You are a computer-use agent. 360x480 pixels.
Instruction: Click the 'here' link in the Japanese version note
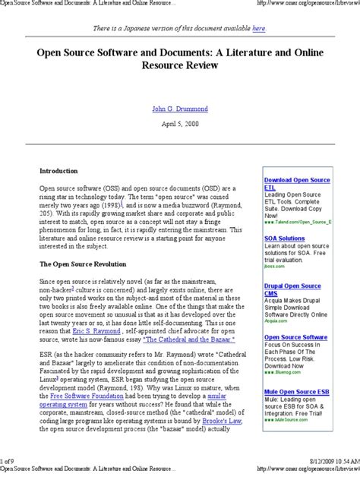[x=259, y=28]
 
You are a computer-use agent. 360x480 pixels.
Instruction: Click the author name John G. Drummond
[x=180, y=109]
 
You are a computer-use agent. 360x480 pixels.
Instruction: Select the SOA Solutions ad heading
[x=284, y=238]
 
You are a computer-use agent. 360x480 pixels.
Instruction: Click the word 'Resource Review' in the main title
[x=180, y=66]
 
